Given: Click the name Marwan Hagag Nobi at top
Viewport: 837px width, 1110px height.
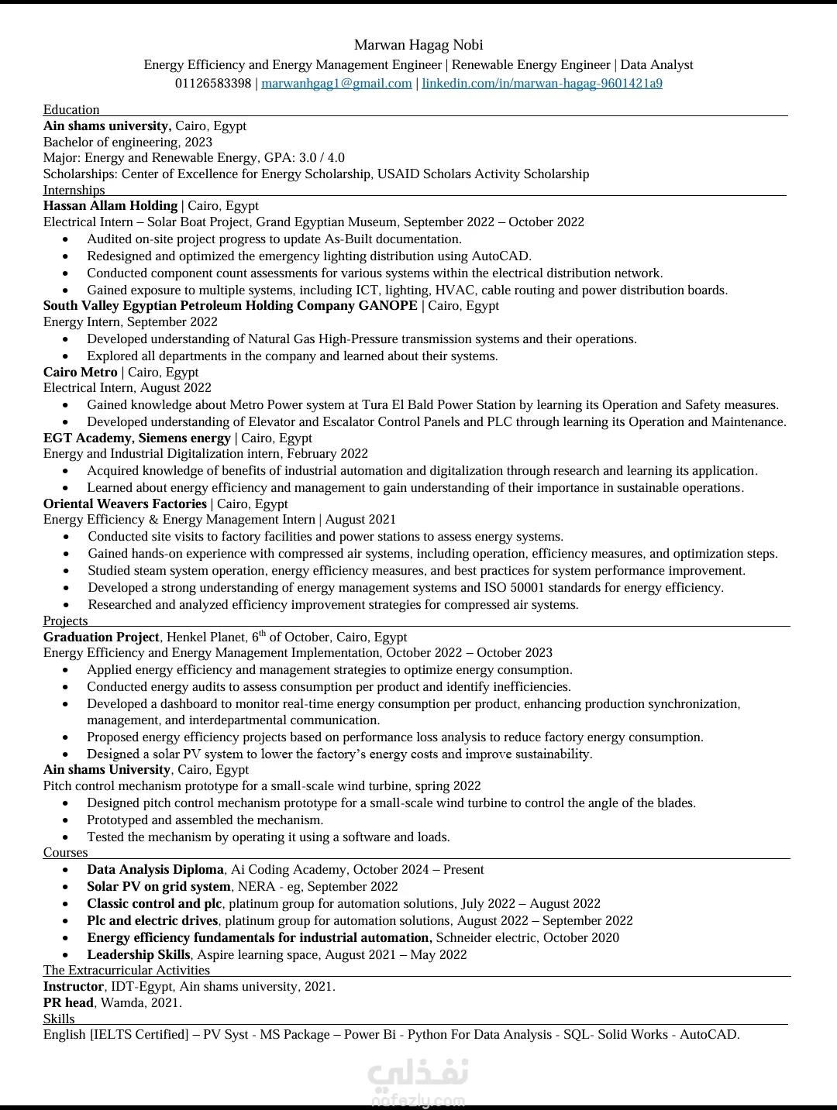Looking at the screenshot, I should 418,45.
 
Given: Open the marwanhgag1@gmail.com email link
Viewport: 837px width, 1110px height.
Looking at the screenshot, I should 336,84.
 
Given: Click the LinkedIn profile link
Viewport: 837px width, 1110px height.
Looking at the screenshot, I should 542,84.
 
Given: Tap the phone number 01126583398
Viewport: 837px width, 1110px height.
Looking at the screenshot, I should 213,84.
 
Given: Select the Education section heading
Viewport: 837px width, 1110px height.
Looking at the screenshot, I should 71,110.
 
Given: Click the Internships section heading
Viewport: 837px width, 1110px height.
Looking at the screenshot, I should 74,191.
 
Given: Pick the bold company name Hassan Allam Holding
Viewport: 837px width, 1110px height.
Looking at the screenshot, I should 110,206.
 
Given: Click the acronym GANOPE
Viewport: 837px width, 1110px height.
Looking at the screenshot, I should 387,306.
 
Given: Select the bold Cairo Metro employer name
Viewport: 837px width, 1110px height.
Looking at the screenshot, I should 80,373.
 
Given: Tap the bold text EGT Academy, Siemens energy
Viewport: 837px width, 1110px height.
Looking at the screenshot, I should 136,438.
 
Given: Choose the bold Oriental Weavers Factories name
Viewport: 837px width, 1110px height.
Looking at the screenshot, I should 125,504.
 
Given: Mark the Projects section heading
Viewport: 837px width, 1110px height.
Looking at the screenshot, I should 65,621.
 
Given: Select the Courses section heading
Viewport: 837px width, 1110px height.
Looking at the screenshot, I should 65,853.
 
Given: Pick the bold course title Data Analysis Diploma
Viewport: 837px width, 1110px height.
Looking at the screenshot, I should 155,870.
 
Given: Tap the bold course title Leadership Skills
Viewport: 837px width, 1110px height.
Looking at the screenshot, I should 138,955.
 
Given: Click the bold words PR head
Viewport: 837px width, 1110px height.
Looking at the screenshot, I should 68,1003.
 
